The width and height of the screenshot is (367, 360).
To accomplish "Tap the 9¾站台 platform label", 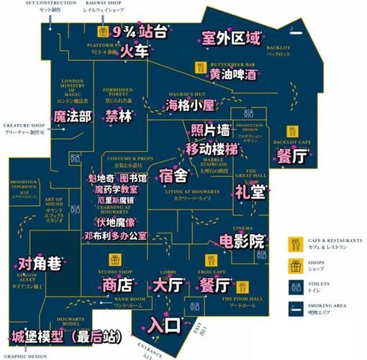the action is (x=141, y=31).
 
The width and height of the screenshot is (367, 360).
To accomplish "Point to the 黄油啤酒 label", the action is (x=233, y=74).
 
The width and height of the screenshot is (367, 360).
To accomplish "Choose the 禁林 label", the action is (x=119, y=116).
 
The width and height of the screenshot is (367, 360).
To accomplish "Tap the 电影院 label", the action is (x=241, y=240).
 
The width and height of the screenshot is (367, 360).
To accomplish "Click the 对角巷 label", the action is (x=40, y=264).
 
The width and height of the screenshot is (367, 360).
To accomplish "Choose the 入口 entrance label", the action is (x=164, y=325).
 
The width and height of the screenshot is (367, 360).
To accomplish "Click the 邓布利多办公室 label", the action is (x=115, y=235).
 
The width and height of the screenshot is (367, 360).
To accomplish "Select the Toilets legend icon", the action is (x=295, y=285).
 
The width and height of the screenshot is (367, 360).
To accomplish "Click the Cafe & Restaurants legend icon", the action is (x=295, y=242).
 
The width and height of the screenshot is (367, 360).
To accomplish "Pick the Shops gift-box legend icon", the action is (x=295, y=264).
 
